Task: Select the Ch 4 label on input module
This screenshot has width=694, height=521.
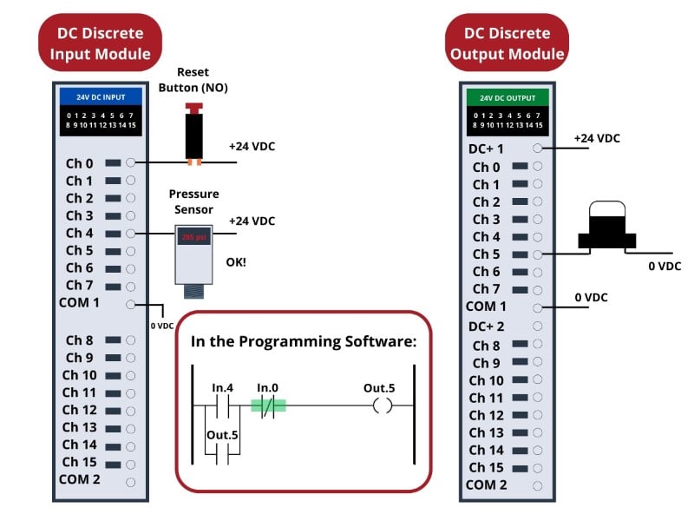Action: coord(79,233)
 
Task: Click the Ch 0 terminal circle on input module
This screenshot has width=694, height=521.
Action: coord(130,163)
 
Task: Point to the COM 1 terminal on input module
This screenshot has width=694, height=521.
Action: coord(130,304)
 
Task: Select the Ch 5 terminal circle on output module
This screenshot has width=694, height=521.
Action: coord(538,254)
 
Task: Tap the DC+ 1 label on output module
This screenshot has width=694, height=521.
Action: coord(486,149)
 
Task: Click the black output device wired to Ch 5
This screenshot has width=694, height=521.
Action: coord(607,229)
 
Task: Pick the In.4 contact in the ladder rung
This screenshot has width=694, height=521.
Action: coord(222,406)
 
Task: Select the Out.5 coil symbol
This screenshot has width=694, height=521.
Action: coord(382,406)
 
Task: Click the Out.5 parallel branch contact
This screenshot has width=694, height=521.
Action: coord(222,451)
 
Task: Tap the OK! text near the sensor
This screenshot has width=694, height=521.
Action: coord(236,260)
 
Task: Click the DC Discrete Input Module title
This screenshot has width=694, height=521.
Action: coord(100,44)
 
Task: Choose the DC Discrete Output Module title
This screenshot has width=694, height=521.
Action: coord(507,44)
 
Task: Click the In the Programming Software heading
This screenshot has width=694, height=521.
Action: coord(304,341)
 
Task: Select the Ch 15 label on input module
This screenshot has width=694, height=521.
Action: coord(79,462)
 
